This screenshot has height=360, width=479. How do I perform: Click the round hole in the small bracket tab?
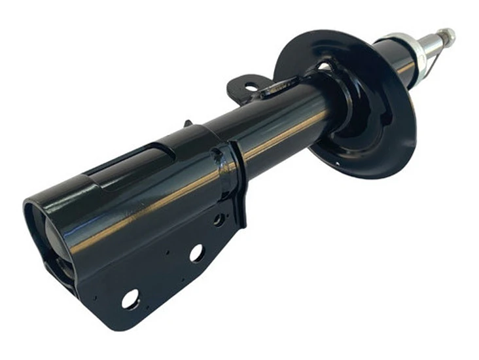pos(251,87)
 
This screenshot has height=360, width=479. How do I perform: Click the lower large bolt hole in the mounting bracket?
pos(130,298)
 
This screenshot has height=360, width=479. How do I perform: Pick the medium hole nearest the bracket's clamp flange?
pos(219,220)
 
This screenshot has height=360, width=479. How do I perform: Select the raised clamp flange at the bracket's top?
pos(232,180)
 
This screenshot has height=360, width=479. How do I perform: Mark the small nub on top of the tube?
pos(188,122)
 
